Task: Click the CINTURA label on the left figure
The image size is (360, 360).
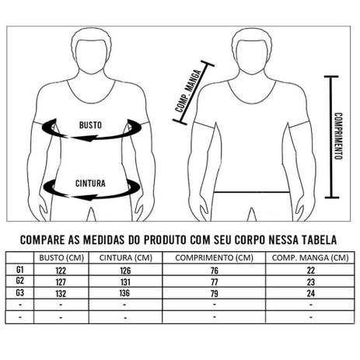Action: point(91,184)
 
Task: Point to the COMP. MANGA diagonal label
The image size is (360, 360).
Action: point(189,91)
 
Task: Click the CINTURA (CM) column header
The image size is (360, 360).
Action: point(126,258)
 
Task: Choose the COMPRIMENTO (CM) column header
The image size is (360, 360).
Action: point(213,258)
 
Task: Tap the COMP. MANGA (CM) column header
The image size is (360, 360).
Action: point(309,258)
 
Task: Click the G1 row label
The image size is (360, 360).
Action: point(20,270)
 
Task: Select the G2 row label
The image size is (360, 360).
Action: point(20,281)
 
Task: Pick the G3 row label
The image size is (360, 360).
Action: point(20,293)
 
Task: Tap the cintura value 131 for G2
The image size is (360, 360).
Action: point(126,282)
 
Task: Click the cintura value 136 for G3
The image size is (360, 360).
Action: point(126,294)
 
